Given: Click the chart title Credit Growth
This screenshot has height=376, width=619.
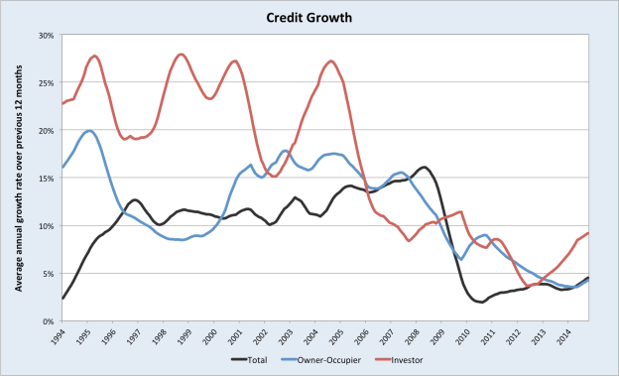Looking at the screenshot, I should [x=309, y=17].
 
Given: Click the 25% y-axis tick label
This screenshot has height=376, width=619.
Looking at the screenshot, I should [x=44, y=82].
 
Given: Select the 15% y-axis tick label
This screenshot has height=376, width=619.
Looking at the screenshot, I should [x=44, y=178].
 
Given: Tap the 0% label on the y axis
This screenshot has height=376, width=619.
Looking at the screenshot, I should [x=47, y=321].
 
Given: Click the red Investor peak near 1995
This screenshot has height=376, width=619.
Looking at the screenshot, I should [x=94, y=57].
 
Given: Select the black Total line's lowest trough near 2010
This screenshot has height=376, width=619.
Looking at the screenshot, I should [x=481, y=303].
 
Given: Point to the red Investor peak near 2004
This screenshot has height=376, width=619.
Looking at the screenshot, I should [x=331, y=62].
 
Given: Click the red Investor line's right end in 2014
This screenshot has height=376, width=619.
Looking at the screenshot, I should [x=589, y=233].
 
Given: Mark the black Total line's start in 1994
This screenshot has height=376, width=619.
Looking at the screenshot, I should [x=62, y=298].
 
